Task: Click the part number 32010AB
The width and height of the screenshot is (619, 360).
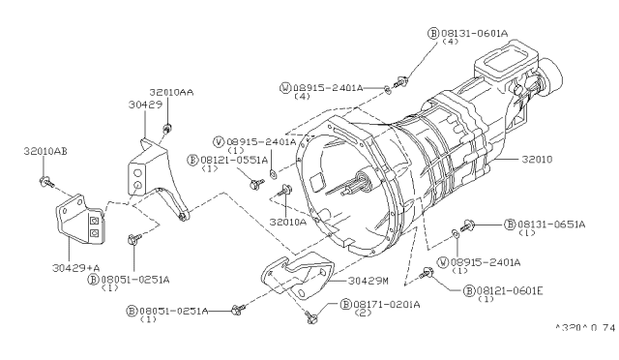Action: [x=45, y=152]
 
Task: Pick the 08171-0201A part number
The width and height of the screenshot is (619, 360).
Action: [x=379, y=304]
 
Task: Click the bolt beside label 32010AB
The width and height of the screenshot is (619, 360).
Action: [x=44, y=180]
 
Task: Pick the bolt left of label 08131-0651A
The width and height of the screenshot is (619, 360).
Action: [x=470, y=224]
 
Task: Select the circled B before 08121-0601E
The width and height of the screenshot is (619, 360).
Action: [x=468, y=290]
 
